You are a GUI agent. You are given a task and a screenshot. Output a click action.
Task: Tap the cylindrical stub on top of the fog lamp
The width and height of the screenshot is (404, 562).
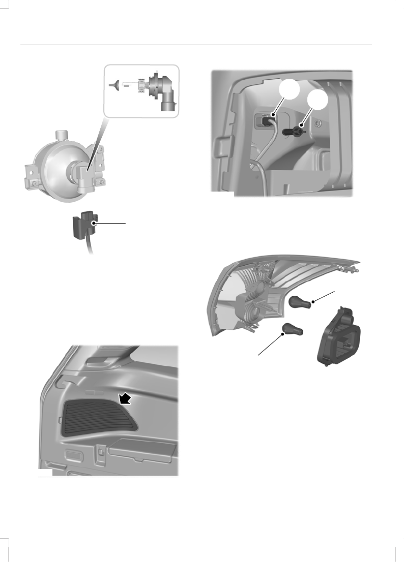[62, 137]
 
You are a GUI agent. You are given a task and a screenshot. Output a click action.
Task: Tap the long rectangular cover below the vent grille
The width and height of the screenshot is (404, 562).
[142, 450]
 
